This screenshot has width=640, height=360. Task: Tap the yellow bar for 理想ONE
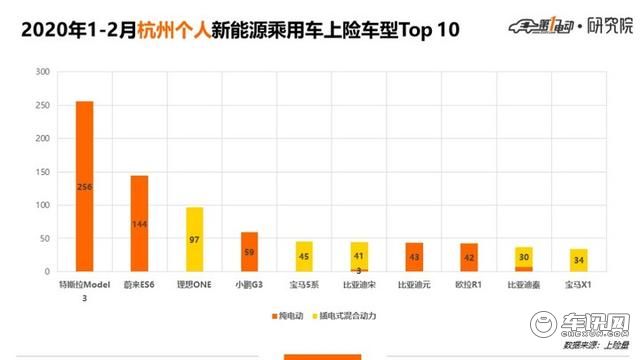click(x=194, y=239)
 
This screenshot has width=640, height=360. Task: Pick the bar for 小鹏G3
click(x=248, y=252)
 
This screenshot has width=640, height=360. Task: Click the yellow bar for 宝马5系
click(x=303, y=256)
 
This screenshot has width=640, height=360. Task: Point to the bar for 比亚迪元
click(x=413, y=257)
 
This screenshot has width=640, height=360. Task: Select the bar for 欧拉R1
click(x=468, y=257)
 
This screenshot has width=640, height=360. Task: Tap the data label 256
click(x=84, y=186)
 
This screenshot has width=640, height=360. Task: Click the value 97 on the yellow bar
click(x=194, y=240)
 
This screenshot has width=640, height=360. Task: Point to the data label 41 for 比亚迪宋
click(x=358, y=255)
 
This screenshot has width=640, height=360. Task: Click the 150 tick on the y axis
click(x=41, y=173)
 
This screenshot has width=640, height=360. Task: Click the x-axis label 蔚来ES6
click(x=139, y=285)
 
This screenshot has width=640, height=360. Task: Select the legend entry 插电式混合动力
click(x=347, y=317)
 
